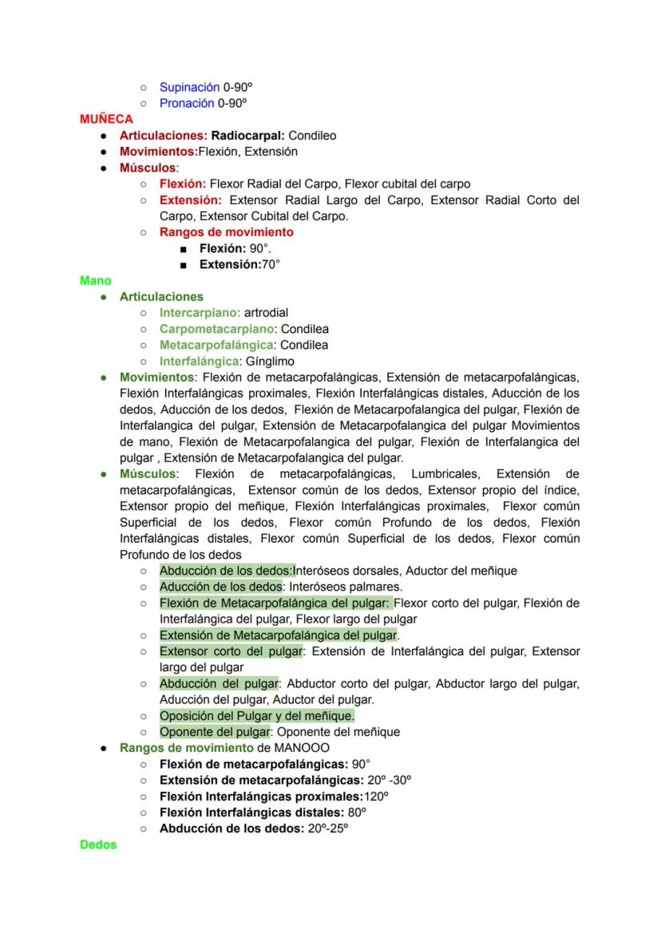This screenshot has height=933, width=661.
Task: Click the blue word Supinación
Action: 189,87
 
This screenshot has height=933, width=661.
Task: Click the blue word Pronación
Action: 187,103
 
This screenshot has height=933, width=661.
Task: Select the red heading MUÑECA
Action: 106,119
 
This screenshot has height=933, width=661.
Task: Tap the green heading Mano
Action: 96,280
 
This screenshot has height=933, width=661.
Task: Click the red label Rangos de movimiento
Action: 226,232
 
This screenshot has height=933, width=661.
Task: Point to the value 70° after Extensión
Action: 271,264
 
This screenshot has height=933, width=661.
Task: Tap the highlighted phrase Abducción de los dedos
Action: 226,571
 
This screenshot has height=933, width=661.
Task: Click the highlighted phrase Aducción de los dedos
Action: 220,587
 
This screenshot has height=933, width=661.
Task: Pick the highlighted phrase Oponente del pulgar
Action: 215,732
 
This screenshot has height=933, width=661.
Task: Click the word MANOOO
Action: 301,748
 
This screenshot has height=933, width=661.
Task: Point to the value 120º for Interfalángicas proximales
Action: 376,797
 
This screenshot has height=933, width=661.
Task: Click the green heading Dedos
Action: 98,844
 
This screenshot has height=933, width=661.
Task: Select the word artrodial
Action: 266,313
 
